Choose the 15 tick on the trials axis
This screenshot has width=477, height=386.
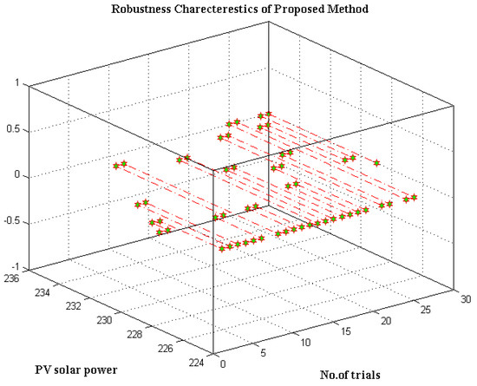pyautogui.click(x=343, y=334)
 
